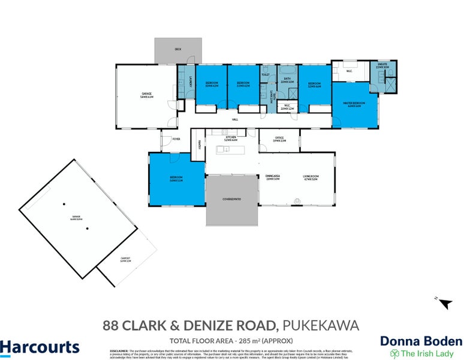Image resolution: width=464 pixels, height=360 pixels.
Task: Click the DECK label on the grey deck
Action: click(177, 48)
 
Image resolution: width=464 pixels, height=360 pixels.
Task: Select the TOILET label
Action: click(264, 75)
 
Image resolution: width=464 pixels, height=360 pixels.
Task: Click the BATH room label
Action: click(287, 80)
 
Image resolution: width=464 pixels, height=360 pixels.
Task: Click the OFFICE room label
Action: click(279, 139)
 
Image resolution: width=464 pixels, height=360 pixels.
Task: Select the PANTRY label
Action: click(198, 144)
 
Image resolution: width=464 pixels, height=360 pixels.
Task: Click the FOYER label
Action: click(176, 139)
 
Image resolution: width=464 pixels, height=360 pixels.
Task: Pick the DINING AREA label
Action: click(273, 177)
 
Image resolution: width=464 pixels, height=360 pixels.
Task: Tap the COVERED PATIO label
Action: click(231, 198)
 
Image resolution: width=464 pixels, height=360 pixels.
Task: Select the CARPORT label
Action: click(125, 259)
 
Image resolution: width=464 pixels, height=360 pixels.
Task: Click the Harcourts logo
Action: click(40, 347)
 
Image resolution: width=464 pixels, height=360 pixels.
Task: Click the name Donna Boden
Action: click(421, 341)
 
